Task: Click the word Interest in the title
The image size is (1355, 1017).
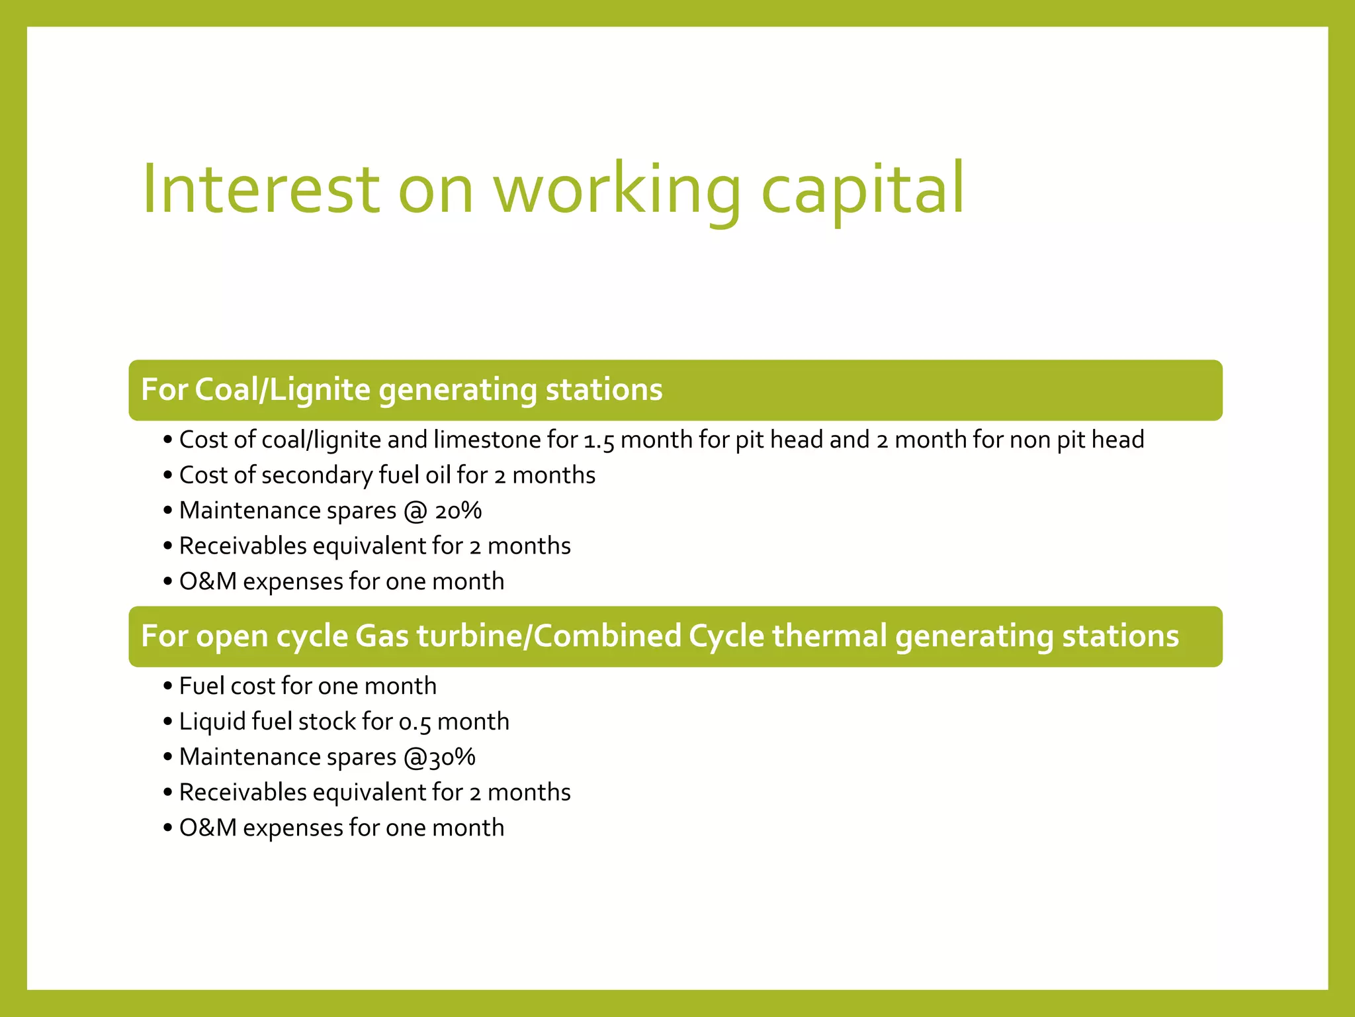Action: click(x=261, y=189)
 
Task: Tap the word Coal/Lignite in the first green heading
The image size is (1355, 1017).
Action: click(x=283, y=390)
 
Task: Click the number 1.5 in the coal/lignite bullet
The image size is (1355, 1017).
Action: click(x=599, y=441)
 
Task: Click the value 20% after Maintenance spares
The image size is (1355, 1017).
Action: click(x=458, y=511)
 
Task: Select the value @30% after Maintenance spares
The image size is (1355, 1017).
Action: click(x=439, y=757)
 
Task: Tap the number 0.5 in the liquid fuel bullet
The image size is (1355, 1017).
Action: click(x=415, y=722)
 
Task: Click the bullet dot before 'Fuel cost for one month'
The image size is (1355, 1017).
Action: click(x=167, y=687)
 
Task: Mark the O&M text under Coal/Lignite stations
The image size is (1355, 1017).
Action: click(x=208, y=582)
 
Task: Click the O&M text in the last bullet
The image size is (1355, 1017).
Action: click(x=208, y=828)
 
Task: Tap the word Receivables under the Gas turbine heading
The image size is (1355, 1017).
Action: click(x=243, y=793)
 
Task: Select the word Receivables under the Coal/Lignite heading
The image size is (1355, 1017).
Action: click(x=243, y=546)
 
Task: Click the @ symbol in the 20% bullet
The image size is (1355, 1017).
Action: click(x=415, y=511)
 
